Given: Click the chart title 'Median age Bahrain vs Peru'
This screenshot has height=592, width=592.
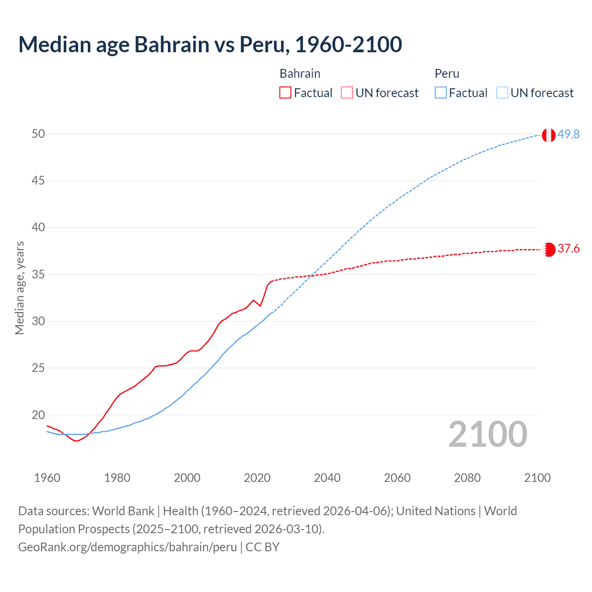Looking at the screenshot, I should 210,44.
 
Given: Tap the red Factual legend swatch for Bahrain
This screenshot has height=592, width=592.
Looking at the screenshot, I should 285,93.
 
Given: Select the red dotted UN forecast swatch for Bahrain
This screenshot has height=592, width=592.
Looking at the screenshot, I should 347,93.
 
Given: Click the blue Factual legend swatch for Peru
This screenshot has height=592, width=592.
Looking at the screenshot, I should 441,93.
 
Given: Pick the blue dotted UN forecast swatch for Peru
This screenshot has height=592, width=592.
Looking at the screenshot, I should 502,93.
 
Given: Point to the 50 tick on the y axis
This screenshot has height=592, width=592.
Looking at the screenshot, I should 38,134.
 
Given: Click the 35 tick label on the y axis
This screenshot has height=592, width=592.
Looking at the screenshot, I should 38,274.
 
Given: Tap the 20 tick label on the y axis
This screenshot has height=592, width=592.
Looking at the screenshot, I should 38,415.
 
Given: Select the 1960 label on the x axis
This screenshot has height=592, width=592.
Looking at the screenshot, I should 47,478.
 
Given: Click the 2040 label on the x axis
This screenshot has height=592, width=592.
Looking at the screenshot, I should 327,478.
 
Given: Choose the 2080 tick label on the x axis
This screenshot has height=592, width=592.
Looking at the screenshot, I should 467,478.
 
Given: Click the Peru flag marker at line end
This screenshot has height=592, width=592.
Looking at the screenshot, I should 549,135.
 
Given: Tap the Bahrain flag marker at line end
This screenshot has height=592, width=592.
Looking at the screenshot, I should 549,250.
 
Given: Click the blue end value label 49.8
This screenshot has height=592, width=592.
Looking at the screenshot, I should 568,134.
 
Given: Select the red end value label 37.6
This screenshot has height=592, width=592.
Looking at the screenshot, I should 568,249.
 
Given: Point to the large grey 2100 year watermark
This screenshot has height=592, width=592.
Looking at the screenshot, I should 488,434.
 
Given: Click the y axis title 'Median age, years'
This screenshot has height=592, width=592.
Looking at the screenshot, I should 19,288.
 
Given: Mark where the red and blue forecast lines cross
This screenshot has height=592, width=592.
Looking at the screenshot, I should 312,276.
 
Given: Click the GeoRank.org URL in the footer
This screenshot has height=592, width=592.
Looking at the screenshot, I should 128,547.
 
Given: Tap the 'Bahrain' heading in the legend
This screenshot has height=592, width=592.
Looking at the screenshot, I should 300,74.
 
